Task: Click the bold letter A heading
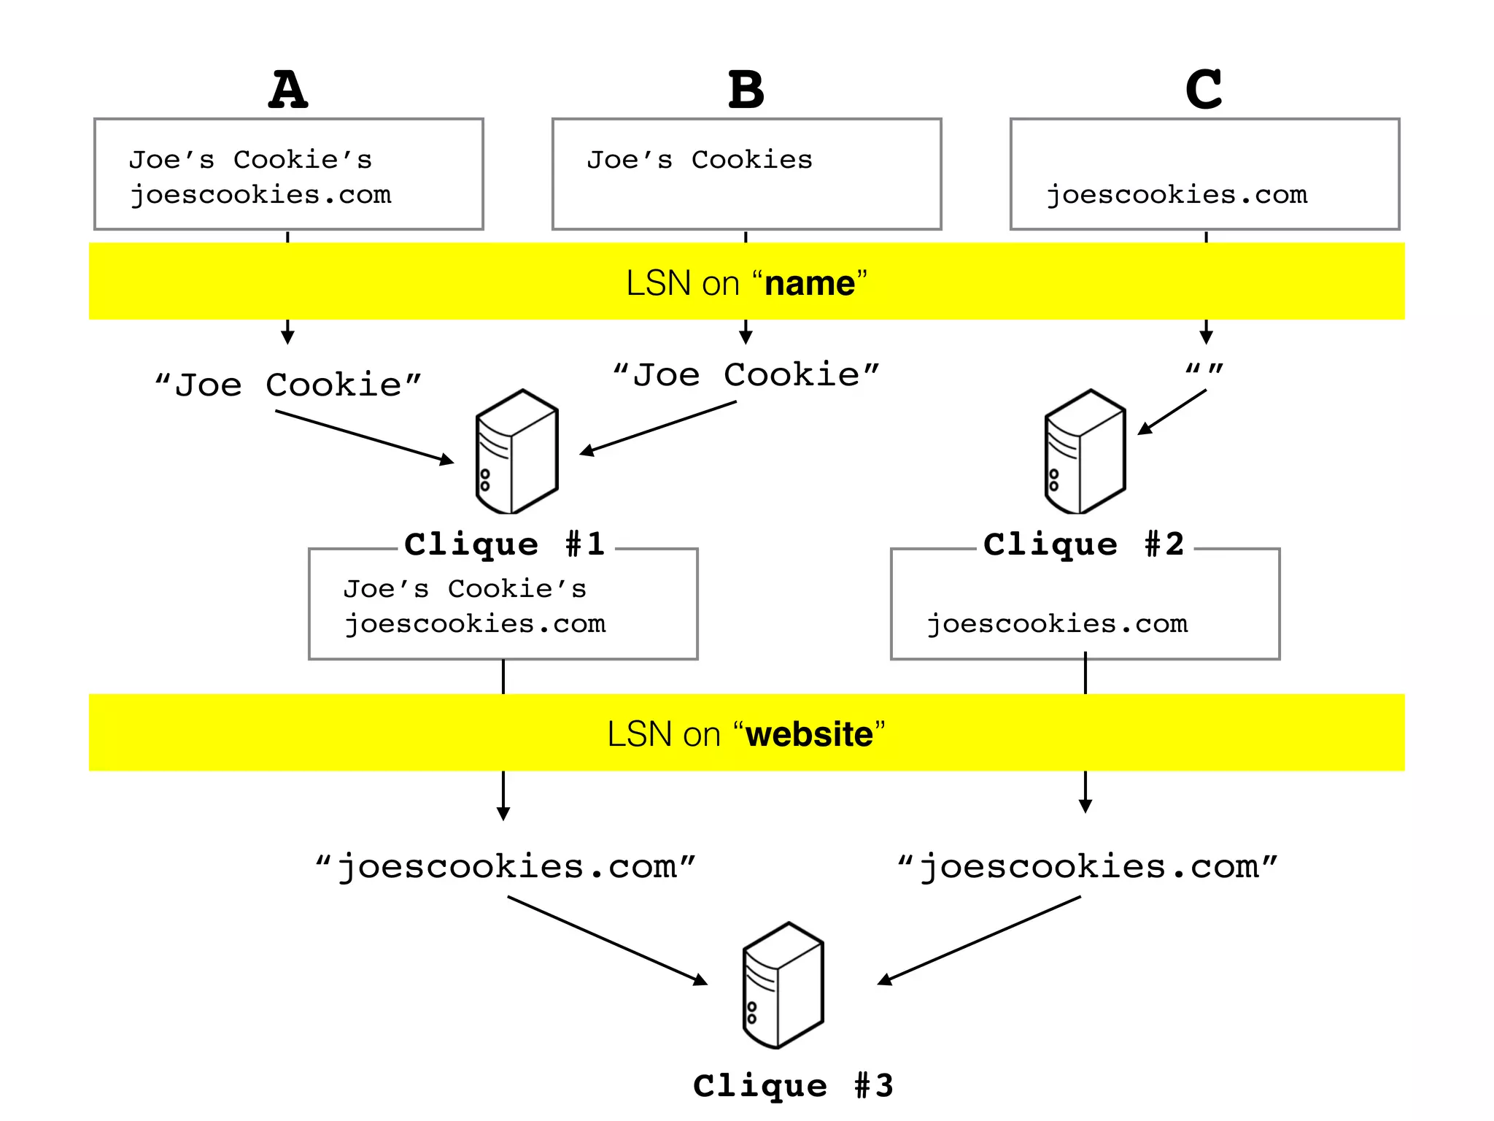pos(288,90)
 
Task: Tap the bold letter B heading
pos(746,90)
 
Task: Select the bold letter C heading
pos(1204,90)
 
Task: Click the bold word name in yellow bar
pos(810,283)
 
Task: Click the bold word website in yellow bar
pos(809,734)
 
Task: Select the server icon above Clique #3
pos(783,985)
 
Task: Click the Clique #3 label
pos(793,1086)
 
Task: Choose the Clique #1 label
pos(505,544)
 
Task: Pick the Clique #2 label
pos(1083,544)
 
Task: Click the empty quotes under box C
pos(1204,369)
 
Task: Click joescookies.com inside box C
pos(1177,195)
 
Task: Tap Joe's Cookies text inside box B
pos(700,160)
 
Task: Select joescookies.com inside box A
pos(260,195)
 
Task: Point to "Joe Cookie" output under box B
pos(746,375)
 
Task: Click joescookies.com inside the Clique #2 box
pos(1057,624)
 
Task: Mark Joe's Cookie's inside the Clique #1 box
pos(465,589)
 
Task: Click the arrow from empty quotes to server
pos(1172,412)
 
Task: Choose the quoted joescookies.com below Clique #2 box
pos(1087,867)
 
